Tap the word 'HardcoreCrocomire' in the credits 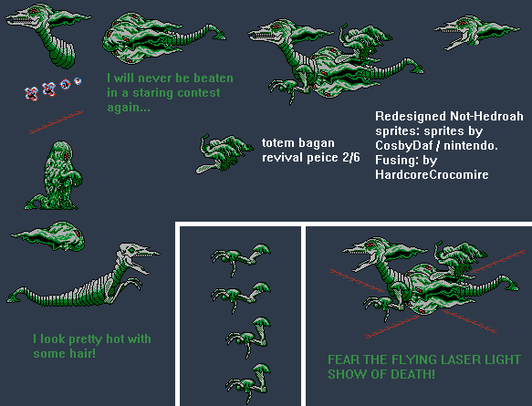[432, 174]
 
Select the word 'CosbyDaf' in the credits [403, 145]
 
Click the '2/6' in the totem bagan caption [351, 157]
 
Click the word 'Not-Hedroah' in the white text [486, 117]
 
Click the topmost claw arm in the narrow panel [241, 257]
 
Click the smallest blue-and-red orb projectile [78, 81]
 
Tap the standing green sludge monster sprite [54, 176]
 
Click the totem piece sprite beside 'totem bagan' [224, 153]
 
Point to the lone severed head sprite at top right [477, 32]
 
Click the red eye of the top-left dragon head [34, 12]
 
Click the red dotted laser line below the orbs [56, 122]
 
